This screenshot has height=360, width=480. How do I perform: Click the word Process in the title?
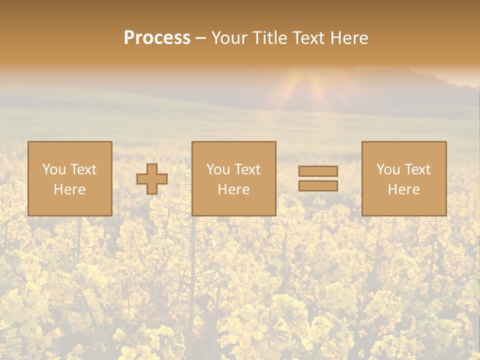tap(157, 38)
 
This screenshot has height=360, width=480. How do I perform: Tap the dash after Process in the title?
tap(201, 38)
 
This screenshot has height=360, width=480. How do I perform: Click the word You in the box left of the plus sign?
tap(54, 169)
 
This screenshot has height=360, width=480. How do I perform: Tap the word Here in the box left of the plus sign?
tap(69, 189)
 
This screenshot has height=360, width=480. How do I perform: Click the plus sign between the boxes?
tap(152, 179)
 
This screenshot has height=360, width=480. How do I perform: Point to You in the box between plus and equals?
tap(218, 169)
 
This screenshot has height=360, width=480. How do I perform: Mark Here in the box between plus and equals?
tap(233, 189)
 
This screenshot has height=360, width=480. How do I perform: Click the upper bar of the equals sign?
tap(318, 171)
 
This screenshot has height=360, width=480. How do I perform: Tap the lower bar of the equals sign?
tap(318, 186)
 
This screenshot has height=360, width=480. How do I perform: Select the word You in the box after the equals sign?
tap(388, 169)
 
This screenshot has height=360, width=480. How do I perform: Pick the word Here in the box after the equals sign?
tap(403, 189)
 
